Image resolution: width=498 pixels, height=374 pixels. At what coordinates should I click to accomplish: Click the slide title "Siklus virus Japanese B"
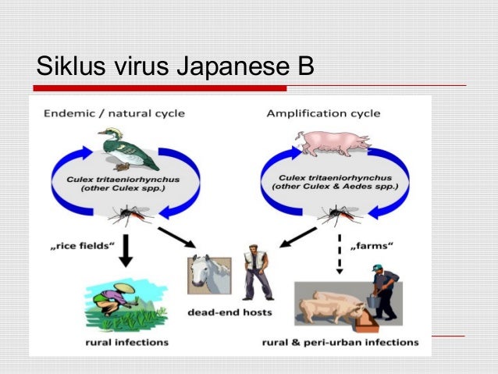(x=175, y=66)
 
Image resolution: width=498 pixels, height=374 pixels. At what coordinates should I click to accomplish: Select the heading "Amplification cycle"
(x=323, y=113)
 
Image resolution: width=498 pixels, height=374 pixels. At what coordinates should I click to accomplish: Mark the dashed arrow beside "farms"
(x=340, y=254)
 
